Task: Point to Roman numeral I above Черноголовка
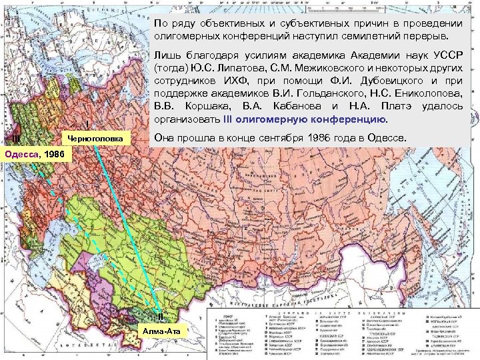(x=88, y=125)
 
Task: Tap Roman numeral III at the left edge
(x=15, y=139)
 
